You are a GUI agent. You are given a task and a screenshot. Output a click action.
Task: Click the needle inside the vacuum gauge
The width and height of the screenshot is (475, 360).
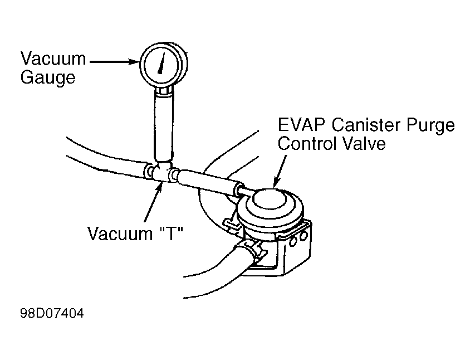tap(161, 64)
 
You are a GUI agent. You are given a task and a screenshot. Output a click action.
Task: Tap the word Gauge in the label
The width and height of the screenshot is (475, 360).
tap(48, 78)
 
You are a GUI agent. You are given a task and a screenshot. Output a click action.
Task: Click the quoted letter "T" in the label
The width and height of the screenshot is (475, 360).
tap(171, 234)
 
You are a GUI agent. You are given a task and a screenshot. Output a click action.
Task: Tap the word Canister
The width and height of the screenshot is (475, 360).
tap(366, 125)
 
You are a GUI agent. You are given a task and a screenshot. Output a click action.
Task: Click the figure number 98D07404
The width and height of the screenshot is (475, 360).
tap(52, 313)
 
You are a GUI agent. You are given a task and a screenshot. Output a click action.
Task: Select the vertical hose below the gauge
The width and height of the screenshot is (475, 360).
tap(164, 126)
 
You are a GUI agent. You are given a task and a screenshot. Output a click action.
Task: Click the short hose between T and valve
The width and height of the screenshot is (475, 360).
tap(209, 182)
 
